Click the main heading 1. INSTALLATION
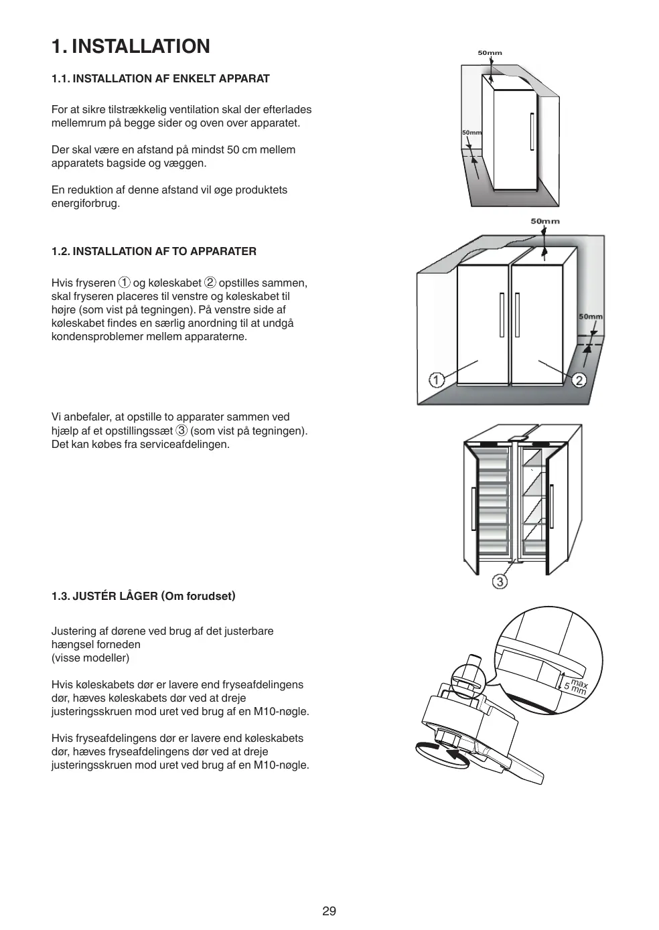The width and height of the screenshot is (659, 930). (x=131, y=46)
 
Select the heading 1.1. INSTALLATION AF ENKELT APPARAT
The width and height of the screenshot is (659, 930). (x=161, y=78)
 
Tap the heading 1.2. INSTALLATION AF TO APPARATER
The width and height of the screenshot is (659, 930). (x=154, y=251)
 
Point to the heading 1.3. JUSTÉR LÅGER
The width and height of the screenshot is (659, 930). (x=143, y=596)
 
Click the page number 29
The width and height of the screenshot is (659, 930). (x=329, y=911)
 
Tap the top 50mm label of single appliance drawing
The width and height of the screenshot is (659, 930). (x=490, y=53)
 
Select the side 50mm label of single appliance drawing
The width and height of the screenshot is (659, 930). (x=471, y=133)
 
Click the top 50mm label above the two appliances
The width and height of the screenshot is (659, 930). (x=545, y=221)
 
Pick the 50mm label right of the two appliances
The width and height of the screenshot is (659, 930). (x=590, y=317)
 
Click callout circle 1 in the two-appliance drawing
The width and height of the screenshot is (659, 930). (x=436, y=380)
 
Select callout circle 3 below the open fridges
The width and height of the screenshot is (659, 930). (x=500, y=581)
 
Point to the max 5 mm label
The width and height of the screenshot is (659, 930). (x=575, y=686)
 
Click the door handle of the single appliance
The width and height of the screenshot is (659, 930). (x=532, y=132)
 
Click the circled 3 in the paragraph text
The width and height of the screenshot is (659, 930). (x=181, y=430)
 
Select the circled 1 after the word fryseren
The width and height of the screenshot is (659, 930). (x=124, y=283)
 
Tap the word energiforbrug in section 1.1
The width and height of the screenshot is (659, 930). (x=86, y=203)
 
